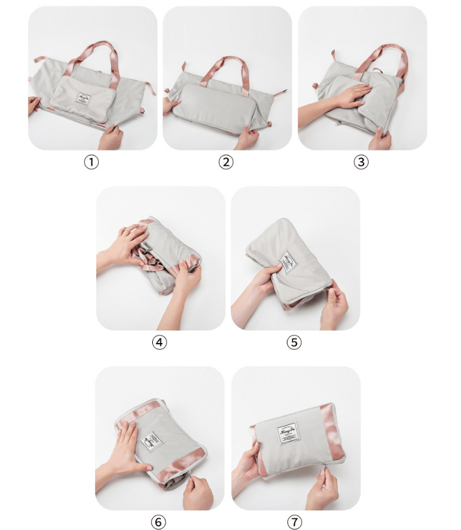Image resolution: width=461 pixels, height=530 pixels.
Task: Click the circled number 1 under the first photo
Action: point(92,162)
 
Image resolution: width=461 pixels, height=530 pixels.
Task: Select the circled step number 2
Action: point(226,162)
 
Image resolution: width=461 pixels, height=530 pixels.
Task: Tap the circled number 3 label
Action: point(361,162)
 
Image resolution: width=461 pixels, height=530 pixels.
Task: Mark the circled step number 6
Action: point(160,522)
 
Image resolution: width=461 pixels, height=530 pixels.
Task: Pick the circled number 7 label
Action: point(294,522)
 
